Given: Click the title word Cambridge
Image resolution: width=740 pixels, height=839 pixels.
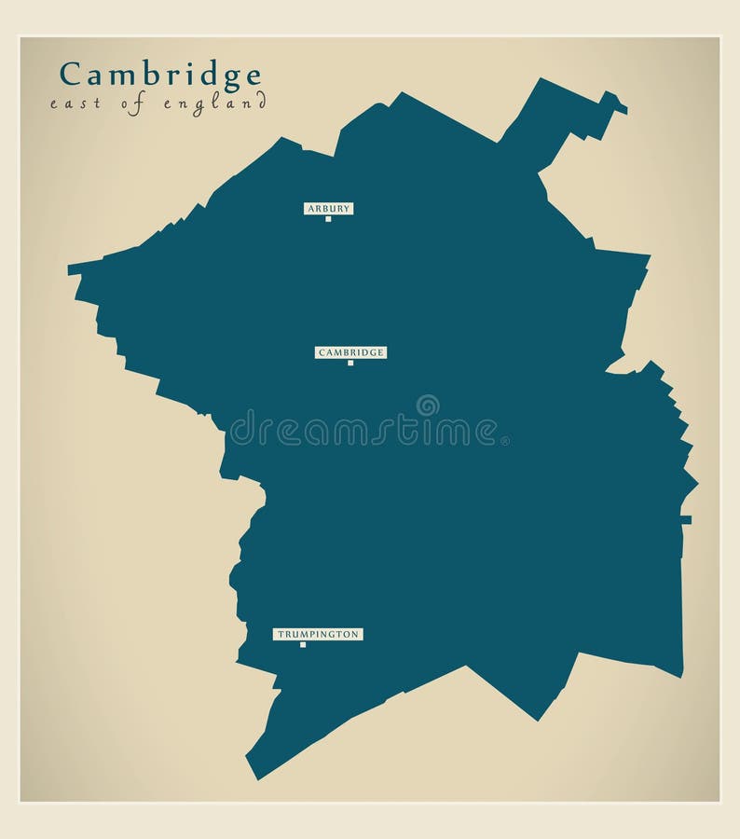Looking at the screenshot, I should pos(160,74).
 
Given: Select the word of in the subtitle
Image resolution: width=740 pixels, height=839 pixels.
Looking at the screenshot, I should pos(136,103).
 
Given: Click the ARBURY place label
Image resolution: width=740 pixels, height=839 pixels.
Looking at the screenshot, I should pos(329,209).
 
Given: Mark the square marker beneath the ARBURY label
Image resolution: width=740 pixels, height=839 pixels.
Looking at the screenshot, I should pos(328,219).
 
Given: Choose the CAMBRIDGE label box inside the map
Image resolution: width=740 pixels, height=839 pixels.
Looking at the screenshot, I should pos(350,352).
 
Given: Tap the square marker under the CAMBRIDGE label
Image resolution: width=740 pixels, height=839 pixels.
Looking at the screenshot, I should pos(350,363).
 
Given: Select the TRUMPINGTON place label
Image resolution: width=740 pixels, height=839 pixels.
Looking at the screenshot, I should pos(318,634).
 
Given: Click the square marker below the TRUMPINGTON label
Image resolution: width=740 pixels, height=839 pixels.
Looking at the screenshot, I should pos(303,644).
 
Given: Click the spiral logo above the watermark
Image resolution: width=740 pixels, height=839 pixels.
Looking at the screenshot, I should pos(428,405).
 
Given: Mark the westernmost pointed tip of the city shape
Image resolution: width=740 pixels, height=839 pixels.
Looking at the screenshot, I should pos(70,270).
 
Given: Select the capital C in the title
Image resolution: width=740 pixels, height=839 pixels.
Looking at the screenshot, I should pos(70,74).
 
